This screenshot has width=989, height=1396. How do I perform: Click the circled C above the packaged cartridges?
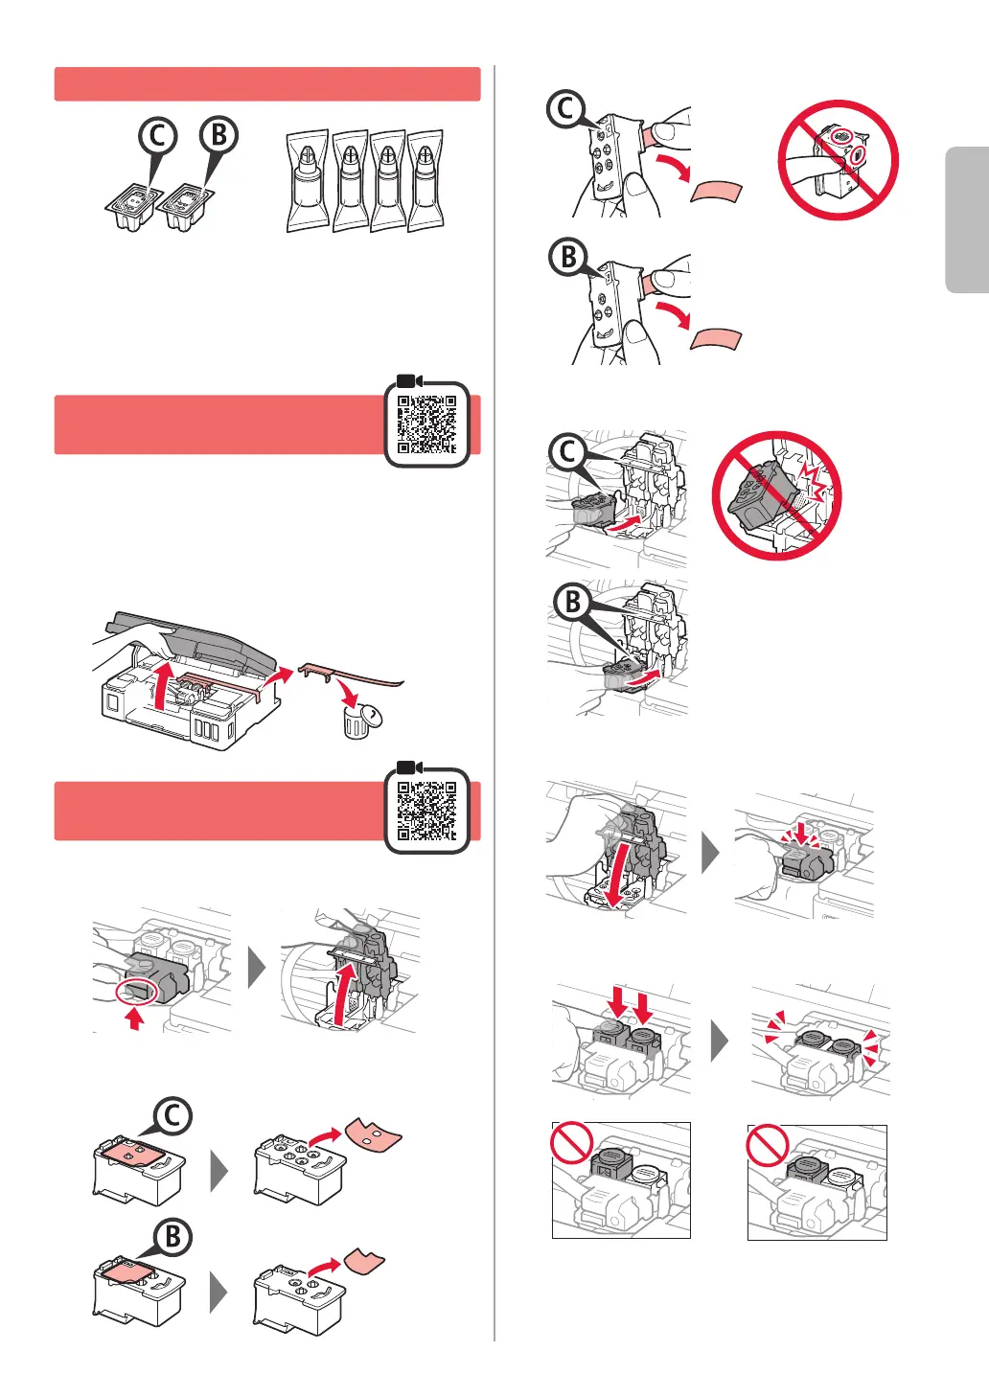point(158,136)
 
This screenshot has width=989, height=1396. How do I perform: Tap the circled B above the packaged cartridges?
point(219,134)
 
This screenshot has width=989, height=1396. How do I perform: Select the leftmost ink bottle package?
point(307,180)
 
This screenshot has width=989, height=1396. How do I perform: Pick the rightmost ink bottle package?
point(426,180)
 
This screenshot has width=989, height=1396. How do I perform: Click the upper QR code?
point(426,424)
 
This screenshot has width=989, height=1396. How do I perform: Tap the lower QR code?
point(426,811)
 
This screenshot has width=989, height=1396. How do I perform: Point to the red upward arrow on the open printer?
point(162,686)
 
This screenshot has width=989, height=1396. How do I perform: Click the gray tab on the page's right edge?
point(967,220)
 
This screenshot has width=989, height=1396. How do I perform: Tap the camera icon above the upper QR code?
point(409,380)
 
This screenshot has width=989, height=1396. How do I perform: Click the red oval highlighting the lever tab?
point(137,991)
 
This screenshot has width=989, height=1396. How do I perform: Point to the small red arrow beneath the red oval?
point(134,1018)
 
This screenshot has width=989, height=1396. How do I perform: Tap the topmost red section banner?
point(267,84)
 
